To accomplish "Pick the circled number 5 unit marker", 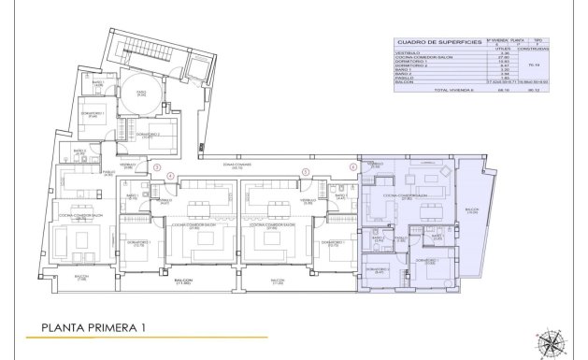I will [x=306, y=171].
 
